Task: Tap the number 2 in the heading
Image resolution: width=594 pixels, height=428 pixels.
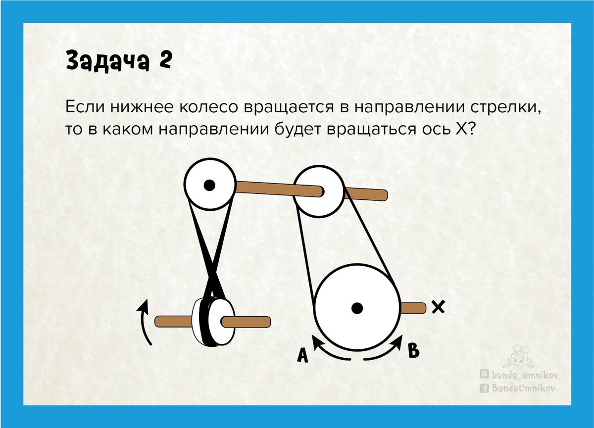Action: (164, 61)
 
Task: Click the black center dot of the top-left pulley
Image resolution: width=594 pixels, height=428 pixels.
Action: (209, 186)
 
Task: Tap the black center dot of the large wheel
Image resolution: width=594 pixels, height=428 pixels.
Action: (356, 308)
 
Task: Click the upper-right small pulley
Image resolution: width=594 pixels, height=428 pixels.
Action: (320, 191)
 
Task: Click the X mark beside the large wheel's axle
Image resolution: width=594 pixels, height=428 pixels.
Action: (438, 307)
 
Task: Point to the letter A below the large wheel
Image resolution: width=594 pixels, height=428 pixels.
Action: (303, 355)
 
